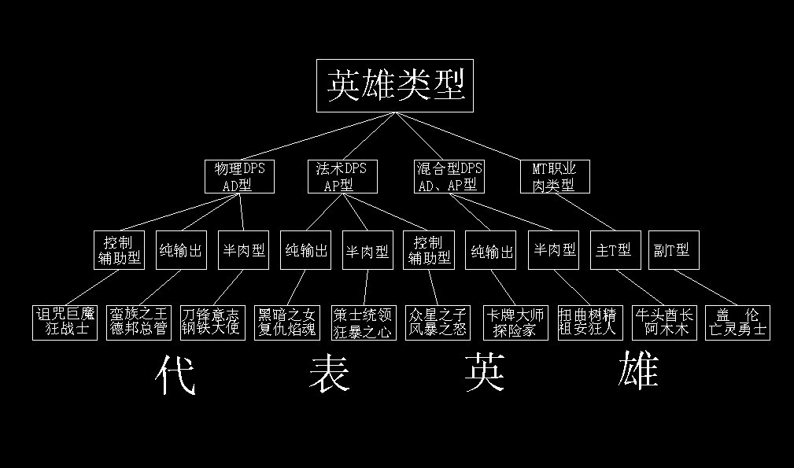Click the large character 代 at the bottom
[175, 374]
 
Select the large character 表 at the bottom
[330, 374]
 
